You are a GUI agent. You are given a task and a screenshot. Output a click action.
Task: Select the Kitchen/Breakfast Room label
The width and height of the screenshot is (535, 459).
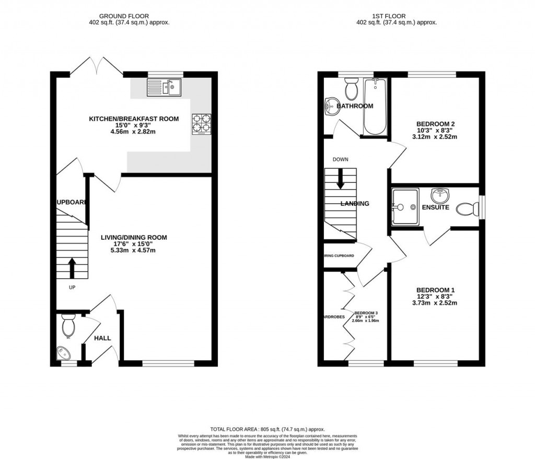point(133,119)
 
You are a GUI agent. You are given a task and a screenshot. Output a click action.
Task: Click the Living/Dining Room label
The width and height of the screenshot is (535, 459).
point(134,238)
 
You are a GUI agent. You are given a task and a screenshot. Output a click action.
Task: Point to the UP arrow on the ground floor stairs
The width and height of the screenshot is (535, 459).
point(71,267)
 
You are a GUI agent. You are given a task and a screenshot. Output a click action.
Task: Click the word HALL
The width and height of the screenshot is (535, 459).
point(102,338)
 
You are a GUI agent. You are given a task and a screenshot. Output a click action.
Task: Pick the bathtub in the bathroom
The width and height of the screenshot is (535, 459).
point(375,107)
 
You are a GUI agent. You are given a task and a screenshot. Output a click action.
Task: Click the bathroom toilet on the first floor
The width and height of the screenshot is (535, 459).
point(351,89)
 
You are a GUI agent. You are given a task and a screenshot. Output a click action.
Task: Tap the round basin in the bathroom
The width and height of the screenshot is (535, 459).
point(332,107)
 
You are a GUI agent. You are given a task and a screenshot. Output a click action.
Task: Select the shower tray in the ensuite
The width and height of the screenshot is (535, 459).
point(405,207)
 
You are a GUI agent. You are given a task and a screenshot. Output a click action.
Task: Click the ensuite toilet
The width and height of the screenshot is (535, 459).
point(467,210)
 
